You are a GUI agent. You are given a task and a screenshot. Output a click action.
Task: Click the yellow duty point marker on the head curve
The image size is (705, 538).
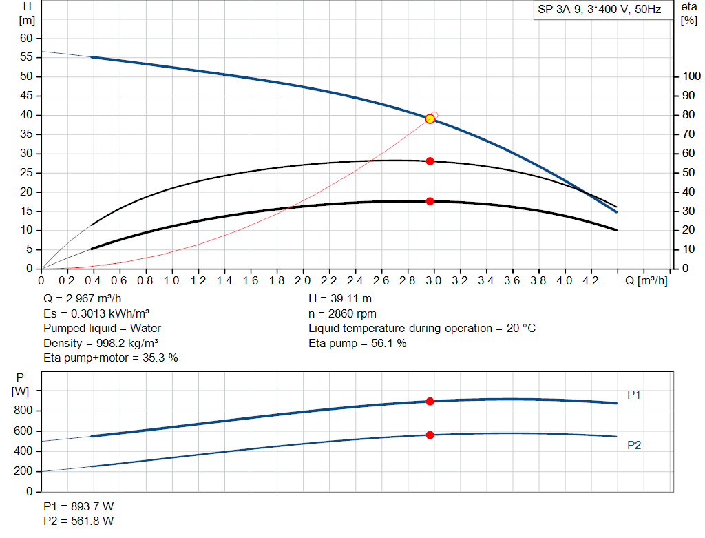click(430, 118)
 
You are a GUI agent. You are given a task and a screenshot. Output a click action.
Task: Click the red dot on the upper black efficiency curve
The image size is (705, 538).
click(430, 161)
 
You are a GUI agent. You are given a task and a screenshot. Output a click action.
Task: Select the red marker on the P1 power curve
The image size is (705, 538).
click(430, 401)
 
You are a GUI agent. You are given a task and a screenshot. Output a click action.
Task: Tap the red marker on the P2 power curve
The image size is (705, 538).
click(430, 435)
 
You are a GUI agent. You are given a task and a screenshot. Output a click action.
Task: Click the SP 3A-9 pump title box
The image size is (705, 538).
click(599, 10)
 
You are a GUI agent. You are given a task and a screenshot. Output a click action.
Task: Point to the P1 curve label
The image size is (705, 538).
click(634, 395)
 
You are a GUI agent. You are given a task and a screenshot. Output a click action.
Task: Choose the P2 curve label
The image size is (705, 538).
click(634, 445)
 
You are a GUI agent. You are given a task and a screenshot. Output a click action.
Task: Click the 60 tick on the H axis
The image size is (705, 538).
click(26, 38)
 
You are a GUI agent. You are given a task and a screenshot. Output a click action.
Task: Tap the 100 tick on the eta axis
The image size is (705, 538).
click(690, 76)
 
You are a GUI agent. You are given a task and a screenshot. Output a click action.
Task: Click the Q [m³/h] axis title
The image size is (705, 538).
click(646, 280)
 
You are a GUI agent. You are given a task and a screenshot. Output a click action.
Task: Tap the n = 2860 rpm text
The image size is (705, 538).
click(342, 313)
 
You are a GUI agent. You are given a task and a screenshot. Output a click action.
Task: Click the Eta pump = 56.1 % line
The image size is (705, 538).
click(357, 343)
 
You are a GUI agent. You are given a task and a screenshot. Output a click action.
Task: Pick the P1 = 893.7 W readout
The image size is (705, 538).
click(78, 506)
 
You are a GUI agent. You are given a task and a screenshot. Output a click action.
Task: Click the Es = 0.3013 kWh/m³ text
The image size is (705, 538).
click(96, 313)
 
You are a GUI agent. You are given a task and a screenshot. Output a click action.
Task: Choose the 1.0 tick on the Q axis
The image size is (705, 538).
click(172, 280)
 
